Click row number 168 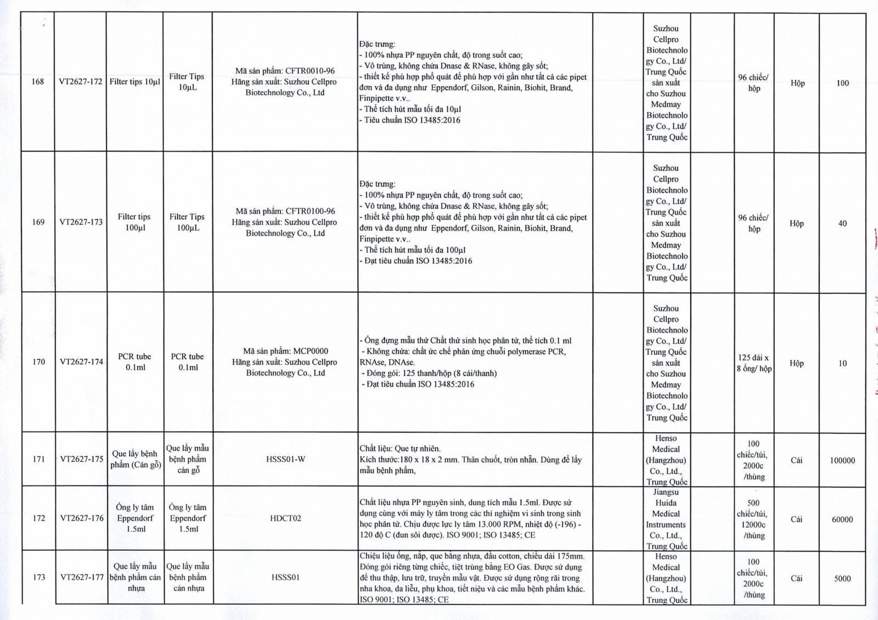[37, 82]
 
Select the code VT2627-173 [81, 222]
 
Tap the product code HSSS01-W [285, 459]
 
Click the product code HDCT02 [285, 518]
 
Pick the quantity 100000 [842, 461]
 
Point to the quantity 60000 [842, 520]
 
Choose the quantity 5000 [842, 578]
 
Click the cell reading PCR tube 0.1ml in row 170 [134, 362]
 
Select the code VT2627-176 [82, 518]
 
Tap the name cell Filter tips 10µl [135, 82]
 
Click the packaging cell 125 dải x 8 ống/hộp [754, 363]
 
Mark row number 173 [39, 577]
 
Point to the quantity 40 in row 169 [842, 224]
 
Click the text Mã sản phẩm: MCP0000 [285, 351]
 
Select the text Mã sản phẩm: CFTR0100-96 [285, 211]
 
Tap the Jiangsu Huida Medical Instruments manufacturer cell [666, 519]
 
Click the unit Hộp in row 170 [797, 364]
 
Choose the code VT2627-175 [82, 459]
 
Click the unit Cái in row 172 [796, 520]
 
